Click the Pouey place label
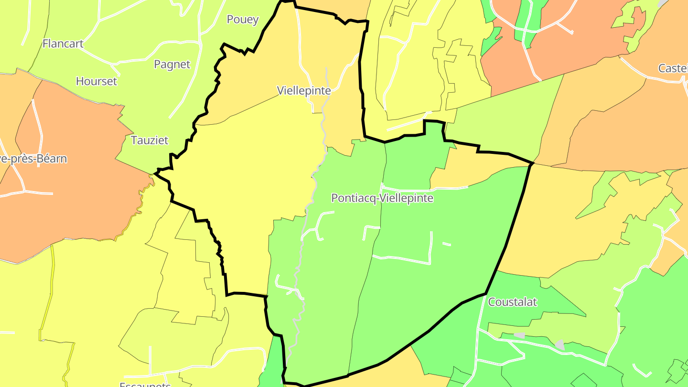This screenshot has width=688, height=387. (243, 20)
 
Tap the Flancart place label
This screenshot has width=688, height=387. (63, 43)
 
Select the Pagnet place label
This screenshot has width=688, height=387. (172, 64)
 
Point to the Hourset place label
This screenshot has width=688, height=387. (96, 81)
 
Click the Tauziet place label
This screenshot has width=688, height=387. (150, 140)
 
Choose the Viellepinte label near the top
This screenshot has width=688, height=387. (304, 90)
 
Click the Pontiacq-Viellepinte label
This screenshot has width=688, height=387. (382, 198)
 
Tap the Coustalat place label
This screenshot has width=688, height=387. (512, 302)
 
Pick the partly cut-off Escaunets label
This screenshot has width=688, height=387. (145, 384)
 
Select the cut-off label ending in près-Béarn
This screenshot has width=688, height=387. (33, 159)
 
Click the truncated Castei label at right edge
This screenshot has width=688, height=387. (673, 68)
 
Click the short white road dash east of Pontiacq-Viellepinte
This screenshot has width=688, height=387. (447, 244)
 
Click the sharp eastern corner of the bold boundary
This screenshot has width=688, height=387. (532, 163)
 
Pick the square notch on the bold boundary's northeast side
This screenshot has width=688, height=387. (433, 128)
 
